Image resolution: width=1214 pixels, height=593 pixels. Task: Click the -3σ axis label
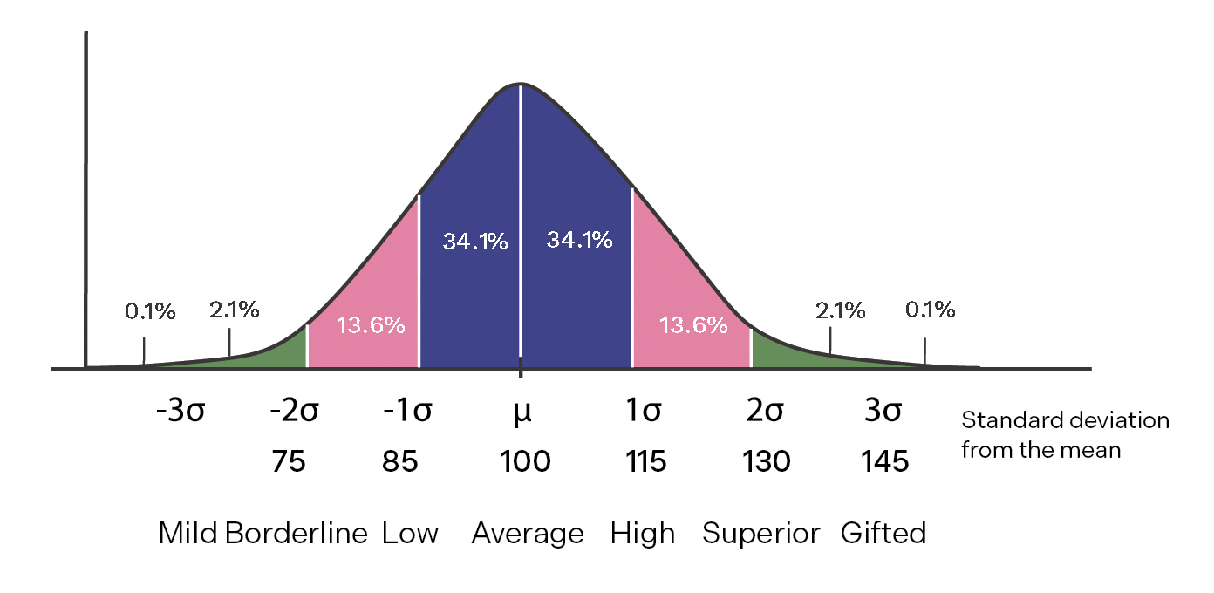[x=180, y=411]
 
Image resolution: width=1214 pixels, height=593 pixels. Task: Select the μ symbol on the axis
[x=522, y=411]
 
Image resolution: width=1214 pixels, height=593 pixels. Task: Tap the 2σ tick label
[x=764, y=411]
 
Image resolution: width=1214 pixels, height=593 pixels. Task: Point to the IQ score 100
[x=525, y=460]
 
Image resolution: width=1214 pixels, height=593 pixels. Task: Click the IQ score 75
[x=289, y=460]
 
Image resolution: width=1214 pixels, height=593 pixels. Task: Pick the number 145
[x=884, y=460]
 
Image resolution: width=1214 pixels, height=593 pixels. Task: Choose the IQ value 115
[x=645, y=460]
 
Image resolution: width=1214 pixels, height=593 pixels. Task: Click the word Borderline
[x=297, y=533]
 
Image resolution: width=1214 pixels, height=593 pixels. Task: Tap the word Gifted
[x=883, y=533]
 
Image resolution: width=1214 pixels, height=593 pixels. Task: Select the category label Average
[x=528, y=533]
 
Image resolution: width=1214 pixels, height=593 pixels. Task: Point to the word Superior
[x=761, y=533]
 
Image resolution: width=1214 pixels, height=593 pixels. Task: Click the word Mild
[x=188, y=533]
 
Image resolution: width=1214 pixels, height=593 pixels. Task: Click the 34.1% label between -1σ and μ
[x=475, y=242]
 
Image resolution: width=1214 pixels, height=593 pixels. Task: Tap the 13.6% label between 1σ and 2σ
[x=692, y=325]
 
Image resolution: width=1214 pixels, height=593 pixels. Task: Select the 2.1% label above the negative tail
[x=234, y=310]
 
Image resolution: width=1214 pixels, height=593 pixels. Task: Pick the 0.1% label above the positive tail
[x=930, y=310]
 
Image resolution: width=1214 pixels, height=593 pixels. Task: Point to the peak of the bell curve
[x=521, y=85]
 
